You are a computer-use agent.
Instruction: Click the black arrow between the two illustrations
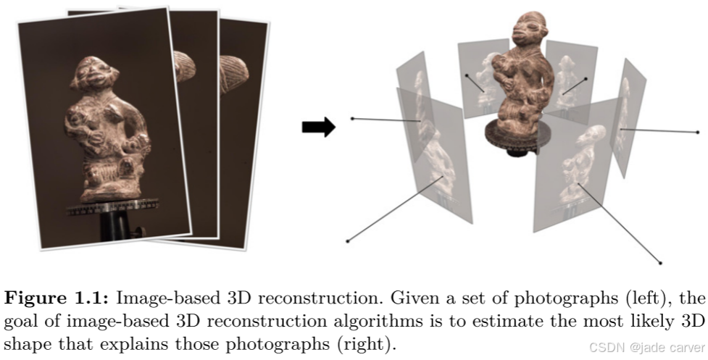(317, 128)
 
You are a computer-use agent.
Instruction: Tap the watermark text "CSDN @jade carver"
(646, 346)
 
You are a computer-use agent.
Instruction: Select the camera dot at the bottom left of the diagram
(349, 240)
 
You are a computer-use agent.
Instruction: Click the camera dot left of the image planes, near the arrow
(351, 118)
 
